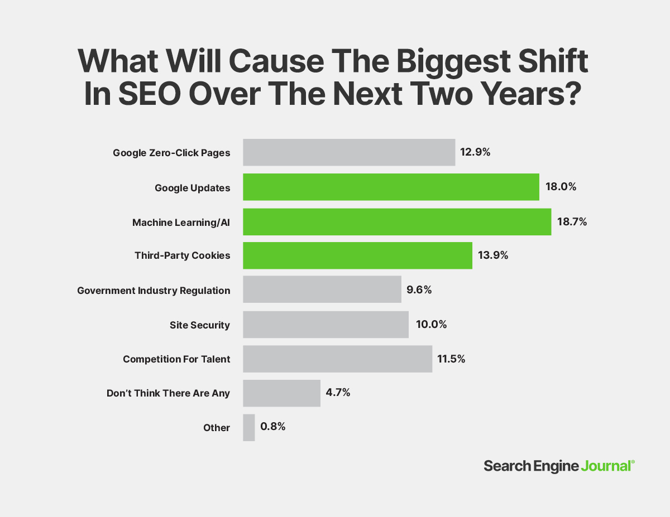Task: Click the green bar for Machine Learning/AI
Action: pyautogui.click(x=397, y=221)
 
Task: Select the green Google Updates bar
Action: pyautogui.click(x=391, y=187)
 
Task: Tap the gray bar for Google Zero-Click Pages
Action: pyautogui.click(x=349, y=152)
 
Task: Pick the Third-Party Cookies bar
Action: pyautogui.click(x=357, y=255)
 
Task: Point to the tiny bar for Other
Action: pyautogui.click(x=249, y=427)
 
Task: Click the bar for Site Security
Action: pyautogui.click(x=326, y=325)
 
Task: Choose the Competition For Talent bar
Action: pyautogui.click(x=337, y=359)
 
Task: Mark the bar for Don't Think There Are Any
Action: pyautogui.click(x=281, y=393)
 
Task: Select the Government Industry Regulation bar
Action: pyautogui.click(x=322, y=290)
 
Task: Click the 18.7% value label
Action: pyautogui.click(x=572, y=221)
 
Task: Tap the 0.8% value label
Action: pyautogui.click(x=273, y=427)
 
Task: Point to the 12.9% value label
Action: pyautogui.click(x=475, y=152)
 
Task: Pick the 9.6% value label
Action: pyautogui.click(x=419, y=290)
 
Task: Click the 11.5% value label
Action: pyautogui.click(x=451, y=359)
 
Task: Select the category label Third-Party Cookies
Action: pyautogui.click(x=182, y=255)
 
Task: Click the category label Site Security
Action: pyautogui.click(x=199, y=325)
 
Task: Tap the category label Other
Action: pyautogui.click(x=217, y=428)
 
